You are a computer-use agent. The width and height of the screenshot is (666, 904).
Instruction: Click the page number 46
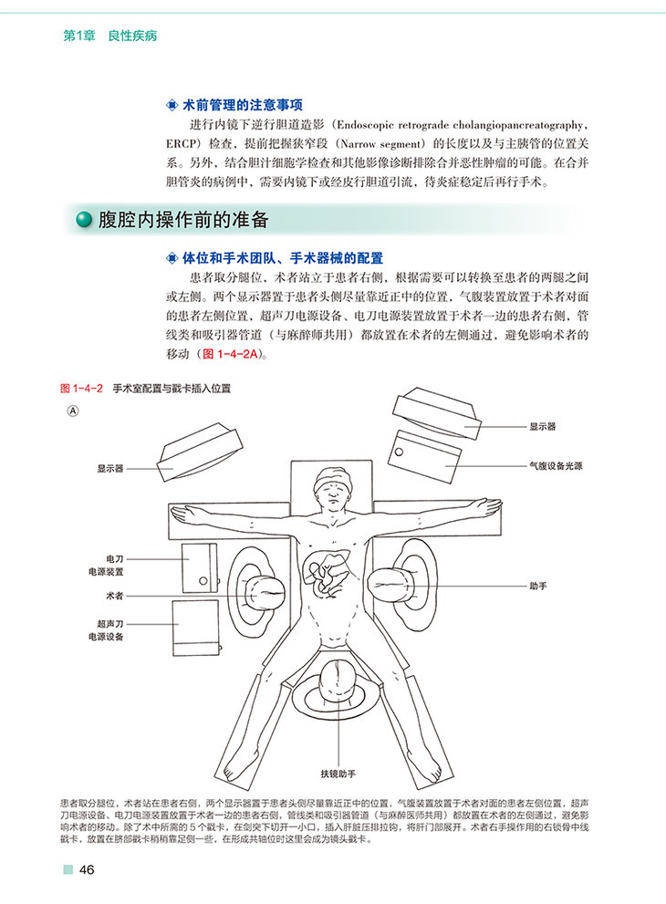[87, 869]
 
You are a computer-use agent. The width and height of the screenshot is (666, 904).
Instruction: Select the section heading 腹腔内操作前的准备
[182, 221]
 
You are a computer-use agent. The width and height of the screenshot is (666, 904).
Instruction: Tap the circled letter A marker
[74, 411]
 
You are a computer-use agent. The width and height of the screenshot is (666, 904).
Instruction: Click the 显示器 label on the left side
[110, 468]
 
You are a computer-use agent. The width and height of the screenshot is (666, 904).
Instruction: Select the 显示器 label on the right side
[542, 425]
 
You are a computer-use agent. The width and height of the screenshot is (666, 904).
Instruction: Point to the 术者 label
[115, 595]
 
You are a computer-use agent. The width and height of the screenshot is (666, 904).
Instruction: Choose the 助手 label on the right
[537, 584]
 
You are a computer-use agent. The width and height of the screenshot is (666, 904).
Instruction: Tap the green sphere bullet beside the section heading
[85, 221]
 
